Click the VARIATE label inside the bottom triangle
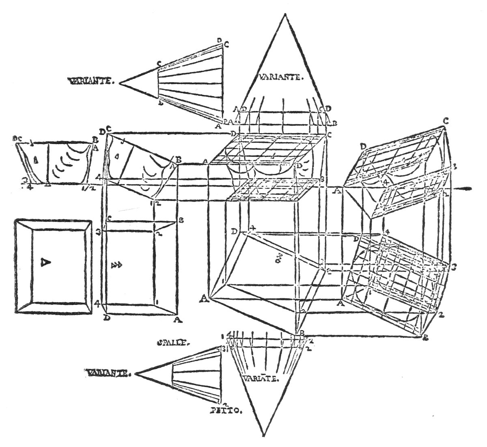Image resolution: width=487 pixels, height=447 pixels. tap(261, 379)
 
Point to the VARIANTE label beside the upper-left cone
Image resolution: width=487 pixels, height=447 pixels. tap(92, 81)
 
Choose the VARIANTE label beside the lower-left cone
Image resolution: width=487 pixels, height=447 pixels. tap(108, 372)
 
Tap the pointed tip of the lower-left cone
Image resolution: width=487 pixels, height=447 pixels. tap(138, 373)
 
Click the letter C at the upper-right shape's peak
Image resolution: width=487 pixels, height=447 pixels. tap(446, 121)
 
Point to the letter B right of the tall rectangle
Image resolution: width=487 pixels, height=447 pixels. tap(181, 220)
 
